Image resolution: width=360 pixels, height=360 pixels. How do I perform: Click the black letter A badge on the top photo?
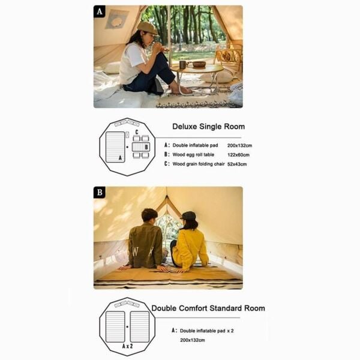(x=100, y=11)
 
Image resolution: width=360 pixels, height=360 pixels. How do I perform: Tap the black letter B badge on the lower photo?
(x=100, y=193)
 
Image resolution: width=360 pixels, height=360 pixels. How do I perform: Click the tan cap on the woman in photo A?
(x=146, y=28)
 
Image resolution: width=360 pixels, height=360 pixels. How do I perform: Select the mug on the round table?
(x=182, y=64)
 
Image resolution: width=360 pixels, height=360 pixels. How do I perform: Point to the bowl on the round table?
(x=199, y=64)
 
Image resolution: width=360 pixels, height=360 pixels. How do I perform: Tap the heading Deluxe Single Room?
(x=208, y=127)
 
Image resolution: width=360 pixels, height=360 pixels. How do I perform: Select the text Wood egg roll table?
(x=196, y=154)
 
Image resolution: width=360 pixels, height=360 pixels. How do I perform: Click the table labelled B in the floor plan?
(x=140, y=147)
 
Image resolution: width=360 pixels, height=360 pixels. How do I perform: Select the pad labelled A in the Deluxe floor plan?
(x=115, y=147)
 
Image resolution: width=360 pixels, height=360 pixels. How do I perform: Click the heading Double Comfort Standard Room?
(x=208, y=308)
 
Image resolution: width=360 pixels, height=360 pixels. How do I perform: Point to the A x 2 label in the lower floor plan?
(x=127, y=346)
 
